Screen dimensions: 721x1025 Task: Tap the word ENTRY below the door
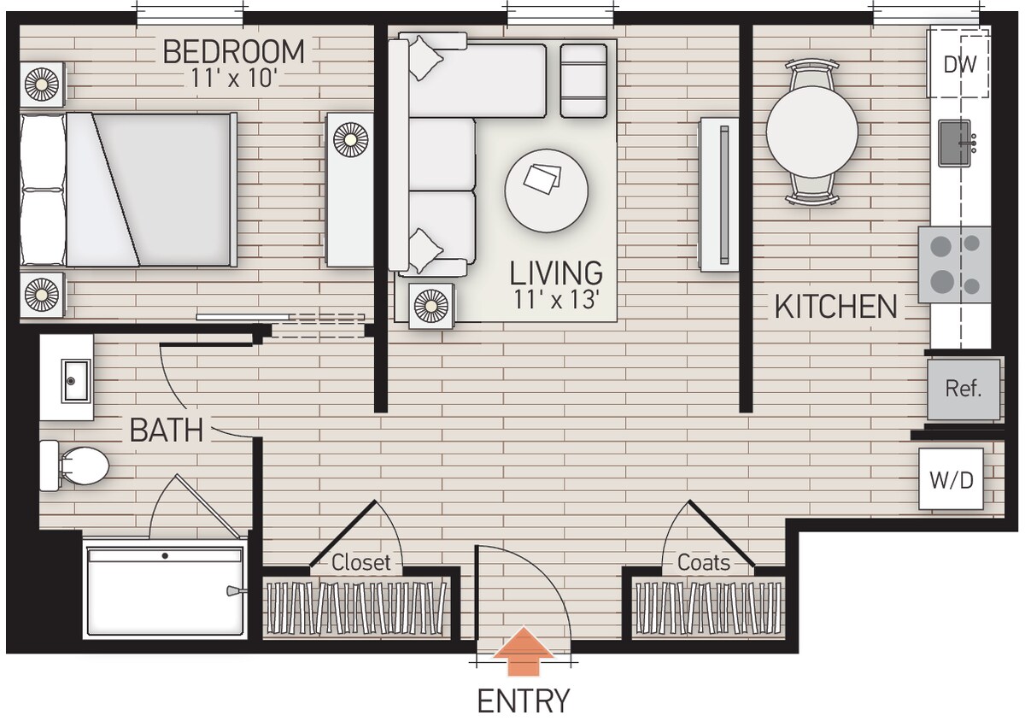523,700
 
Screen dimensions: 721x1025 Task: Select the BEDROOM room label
233,52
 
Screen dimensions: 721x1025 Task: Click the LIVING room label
556,273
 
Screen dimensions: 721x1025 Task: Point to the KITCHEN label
835,307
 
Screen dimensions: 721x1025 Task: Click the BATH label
167,430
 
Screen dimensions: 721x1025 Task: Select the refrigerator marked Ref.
963,390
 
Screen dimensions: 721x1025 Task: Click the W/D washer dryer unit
951,479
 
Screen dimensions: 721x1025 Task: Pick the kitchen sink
957,143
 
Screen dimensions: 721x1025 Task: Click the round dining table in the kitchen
811,132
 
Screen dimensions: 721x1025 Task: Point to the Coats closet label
704,563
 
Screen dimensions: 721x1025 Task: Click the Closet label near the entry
360,563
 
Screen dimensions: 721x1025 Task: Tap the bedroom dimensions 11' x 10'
233,79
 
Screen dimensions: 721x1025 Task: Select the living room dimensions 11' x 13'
556,300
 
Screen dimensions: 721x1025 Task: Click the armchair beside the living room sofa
583,80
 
